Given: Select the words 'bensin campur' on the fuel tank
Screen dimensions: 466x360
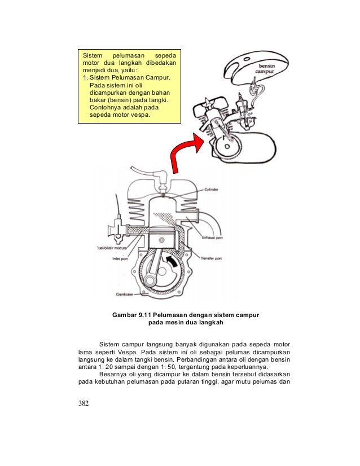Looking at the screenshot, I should (262, 69).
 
